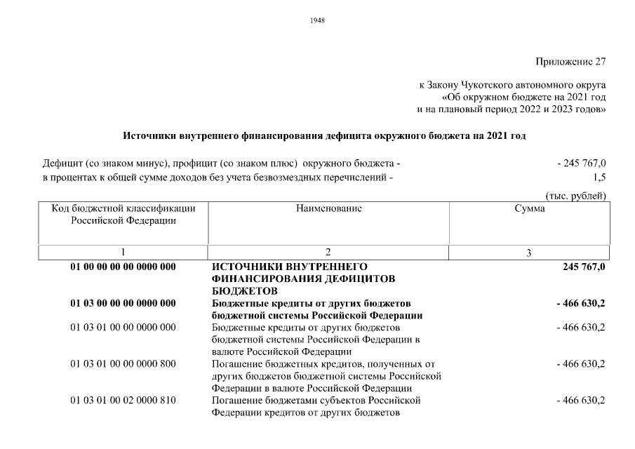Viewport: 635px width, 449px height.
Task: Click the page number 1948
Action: point(317,20)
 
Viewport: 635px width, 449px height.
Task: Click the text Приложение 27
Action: point(570,61)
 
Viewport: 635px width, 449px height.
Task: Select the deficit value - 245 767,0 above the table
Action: point(581,163)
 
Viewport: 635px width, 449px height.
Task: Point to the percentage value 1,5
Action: point(599,177)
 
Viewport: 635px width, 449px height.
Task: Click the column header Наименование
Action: point(329,208)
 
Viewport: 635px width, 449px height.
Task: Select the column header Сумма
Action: point(529,208)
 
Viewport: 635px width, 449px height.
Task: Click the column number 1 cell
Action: point(123,253)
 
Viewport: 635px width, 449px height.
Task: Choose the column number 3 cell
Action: point(529,253)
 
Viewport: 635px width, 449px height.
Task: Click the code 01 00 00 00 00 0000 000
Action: point(123,267)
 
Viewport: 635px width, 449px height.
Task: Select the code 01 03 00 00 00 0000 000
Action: point(123,303)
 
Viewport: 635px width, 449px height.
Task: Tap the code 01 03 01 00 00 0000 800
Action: point(123,363)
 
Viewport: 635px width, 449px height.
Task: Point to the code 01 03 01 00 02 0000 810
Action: point(123,400)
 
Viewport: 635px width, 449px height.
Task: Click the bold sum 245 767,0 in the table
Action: point(583,267)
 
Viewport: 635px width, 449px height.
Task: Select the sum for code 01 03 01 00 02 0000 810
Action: point(580,400)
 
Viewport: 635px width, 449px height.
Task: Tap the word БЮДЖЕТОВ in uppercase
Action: point(244,290)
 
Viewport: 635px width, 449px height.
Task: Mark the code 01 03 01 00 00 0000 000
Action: point(123,327)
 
